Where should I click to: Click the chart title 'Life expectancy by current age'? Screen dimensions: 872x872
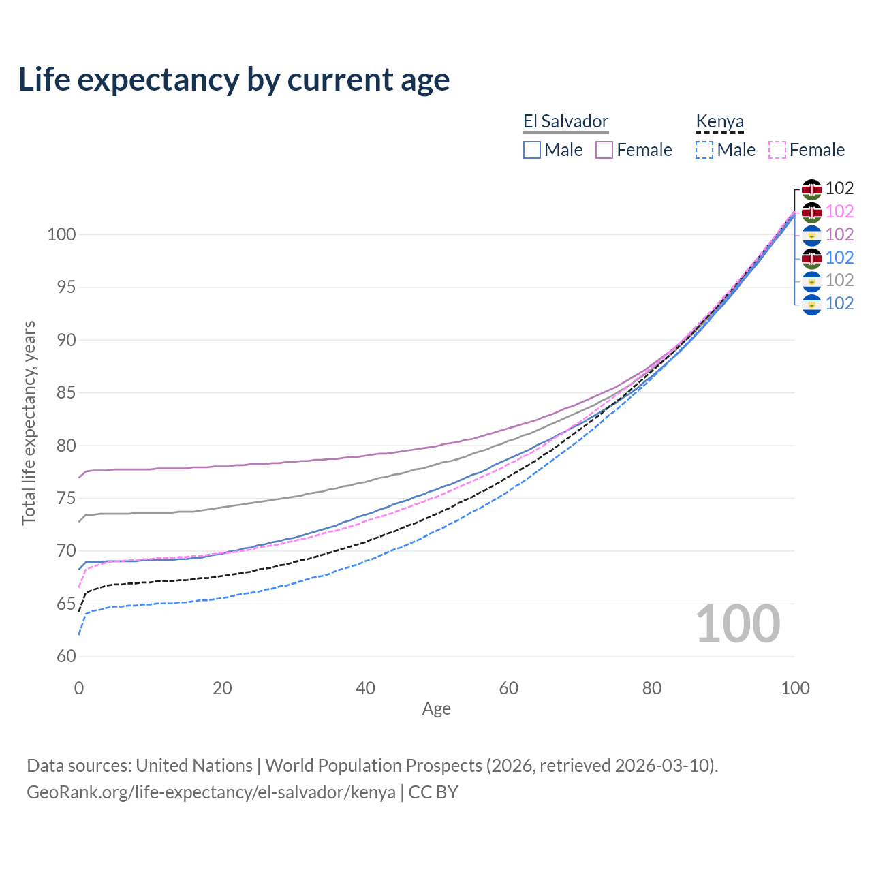(234, 80)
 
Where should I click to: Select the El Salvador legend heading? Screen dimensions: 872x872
(565, 121)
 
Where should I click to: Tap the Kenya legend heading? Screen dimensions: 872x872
(719, 121)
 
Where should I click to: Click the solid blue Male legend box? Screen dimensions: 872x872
(532, 150)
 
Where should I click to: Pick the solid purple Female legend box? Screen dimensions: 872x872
(604, 150)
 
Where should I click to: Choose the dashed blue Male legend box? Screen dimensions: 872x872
(704, 150)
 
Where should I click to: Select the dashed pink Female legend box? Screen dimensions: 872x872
(777, 150)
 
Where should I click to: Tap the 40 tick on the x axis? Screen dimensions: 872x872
(366, 688)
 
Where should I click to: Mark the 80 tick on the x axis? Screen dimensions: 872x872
(652, 688)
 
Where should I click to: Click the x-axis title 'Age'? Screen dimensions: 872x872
(436, 709)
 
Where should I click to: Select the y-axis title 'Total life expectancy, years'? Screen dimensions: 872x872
(29, 423)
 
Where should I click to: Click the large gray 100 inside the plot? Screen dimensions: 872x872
(738, 624)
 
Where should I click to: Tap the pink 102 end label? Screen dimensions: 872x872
(839, 211)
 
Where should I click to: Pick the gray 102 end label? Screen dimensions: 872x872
(839, 280)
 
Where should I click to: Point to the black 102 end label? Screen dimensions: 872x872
(839, 188)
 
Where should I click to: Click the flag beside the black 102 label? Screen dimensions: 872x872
(811, 189)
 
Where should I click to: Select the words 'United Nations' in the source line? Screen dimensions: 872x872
(194, 766)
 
